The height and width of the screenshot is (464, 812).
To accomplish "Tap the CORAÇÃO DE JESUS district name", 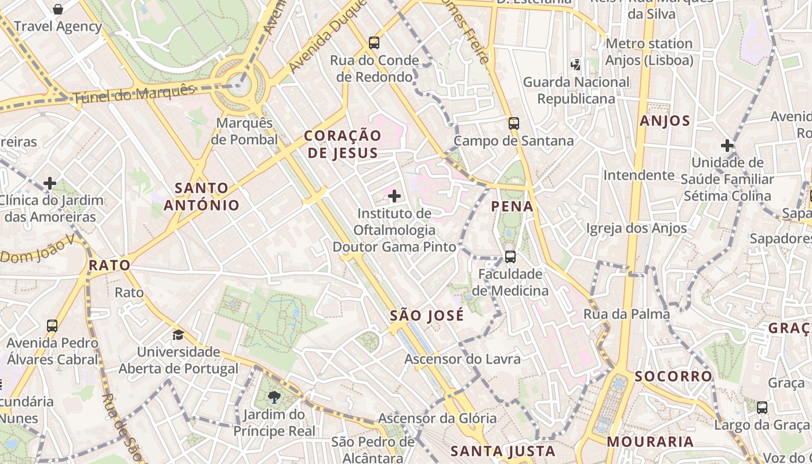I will [x=343, y=144].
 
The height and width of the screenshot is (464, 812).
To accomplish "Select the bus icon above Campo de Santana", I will [x=514, y=123].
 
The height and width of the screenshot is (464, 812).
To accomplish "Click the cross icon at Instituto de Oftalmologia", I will [x=394, y=196].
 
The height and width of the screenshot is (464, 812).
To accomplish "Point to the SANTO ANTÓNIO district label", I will [x=201, y=196].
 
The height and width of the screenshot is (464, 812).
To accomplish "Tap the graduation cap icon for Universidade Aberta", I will [x=178, y=335].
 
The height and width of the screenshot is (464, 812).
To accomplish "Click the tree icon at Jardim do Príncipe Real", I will [x=274, y=397].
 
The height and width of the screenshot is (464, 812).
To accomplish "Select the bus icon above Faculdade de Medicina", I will [x=510, y=256].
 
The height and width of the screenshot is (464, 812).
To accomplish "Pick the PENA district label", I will [x=512, y=206].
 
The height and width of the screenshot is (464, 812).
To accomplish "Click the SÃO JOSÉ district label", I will [x=427, y=316].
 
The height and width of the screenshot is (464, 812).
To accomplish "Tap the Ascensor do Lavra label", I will [x=462, y=359].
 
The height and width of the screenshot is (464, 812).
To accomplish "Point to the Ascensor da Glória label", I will [x=437, y=418].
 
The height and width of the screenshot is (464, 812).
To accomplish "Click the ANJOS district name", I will [x=665, y=121].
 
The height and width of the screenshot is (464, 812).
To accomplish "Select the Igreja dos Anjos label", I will [x=636, y=228].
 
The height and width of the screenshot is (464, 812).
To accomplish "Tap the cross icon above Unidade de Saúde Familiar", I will [x=727, y=146].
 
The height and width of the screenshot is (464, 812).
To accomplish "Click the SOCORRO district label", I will [x=673, y=376].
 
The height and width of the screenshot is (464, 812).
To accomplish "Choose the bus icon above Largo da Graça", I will [x=762, y=408].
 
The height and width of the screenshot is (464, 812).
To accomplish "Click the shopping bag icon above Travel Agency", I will [x=58, y=9].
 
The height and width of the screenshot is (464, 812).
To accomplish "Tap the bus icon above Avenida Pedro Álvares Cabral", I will [x=52, y=325].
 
